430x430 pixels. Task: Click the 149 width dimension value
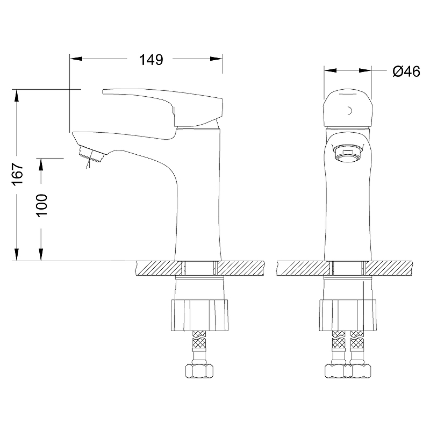[x=151, y=60]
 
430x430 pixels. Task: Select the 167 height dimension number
[x=18, y=174]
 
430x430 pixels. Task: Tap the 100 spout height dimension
[x=42, y=205]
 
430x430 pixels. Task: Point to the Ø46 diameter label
[x=406, y=71]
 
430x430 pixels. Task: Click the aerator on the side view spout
[x=91, y=154]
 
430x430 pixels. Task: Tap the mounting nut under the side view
[x=199, y=315]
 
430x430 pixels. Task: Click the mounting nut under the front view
[x=348, y=315]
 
